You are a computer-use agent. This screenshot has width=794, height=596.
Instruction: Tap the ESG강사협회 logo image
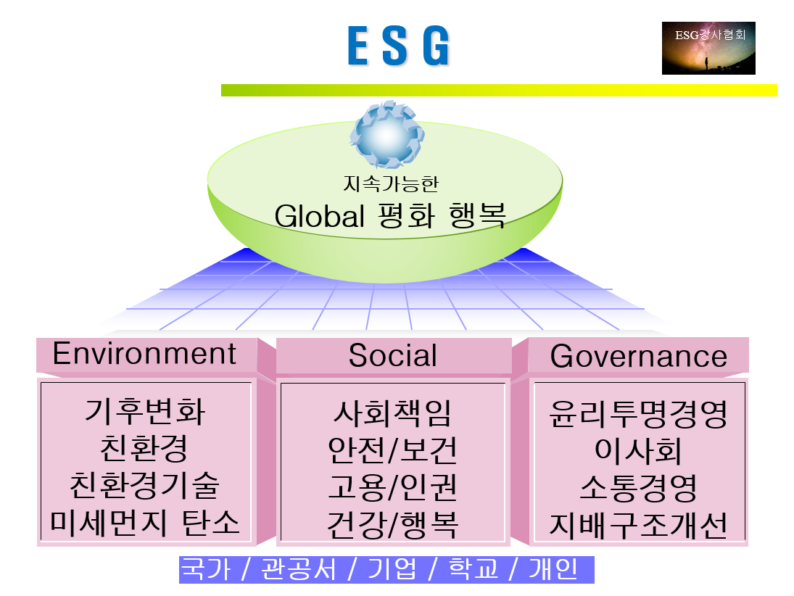(x=708, y=48)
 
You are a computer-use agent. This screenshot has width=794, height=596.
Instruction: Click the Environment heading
(x=145, y=354)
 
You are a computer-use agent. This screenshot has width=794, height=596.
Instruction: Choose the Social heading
(x=393, y=355)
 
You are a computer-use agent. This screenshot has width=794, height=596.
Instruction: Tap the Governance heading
(x=638, y=356)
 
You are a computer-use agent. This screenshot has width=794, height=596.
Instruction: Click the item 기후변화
(x=145, y=412)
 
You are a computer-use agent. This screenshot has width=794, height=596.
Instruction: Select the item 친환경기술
(x=145, y=485)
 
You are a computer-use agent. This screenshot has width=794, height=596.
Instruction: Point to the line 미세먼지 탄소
(x=145, y=522)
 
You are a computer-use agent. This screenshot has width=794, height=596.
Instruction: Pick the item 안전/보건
(x=392, y=450)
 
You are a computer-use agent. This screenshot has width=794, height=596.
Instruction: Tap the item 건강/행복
(x=392, y=523)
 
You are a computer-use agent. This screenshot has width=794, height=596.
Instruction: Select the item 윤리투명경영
(x=638, y=415)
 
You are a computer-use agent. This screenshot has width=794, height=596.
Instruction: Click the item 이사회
(x=638, y=451)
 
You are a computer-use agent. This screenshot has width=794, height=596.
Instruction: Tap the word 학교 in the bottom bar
(x=473, y=570)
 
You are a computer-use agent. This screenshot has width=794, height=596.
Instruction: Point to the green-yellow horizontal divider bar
(x=499, y=90)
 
